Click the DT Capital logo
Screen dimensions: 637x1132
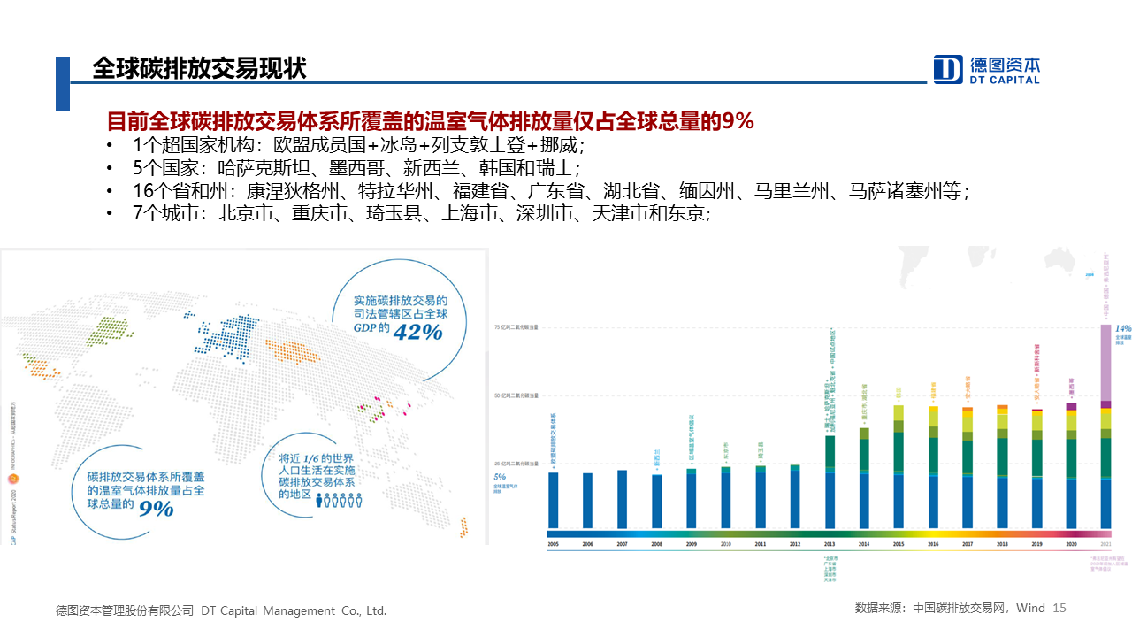[987, 69]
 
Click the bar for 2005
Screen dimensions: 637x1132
[553, 500]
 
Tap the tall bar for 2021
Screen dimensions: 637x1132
[1105, 425]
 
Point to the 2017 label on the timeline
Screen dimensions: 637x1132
[968, 544]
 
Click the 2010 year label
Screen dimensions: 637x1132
[725, 544]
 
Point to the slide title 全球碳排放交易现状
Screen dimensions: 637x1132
[199, 69]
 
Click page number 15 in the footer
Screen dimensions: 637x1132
[1060, 609]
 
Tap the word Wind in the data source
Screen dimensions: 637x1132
[1030, 609]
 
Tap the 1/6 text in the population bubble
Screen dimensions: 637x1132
[311, 459]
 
